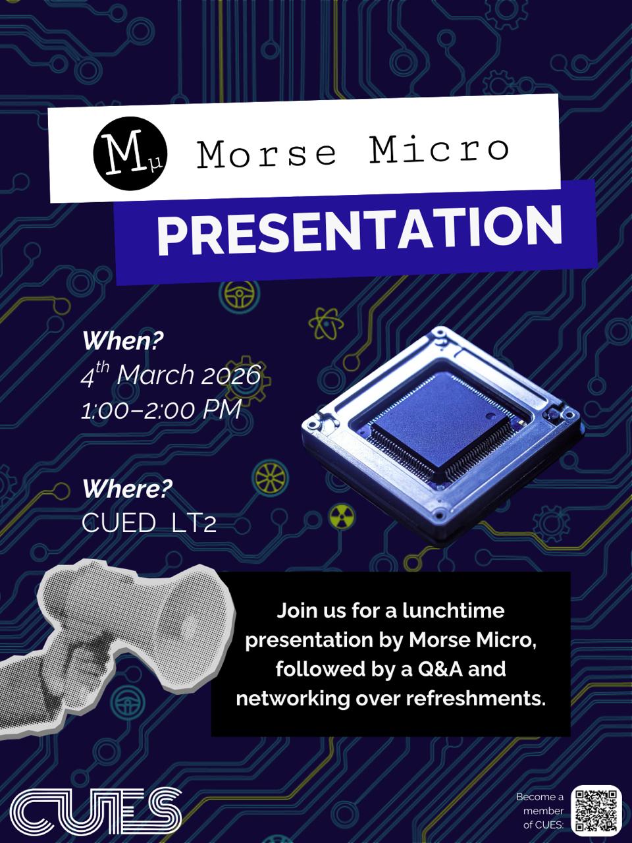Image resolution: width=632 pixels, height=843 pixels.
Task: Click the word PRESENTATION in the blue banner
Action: click(x=359, y=230)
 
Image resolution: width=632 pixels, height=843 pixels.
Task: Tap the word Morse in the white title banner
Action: click(x=267, y=153)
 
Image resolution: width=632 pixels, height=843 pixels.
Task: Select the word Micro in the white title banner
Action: click(x=439, y=150)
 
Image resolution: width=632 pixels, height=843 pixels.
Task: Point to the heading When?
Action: click(x=122, y=341)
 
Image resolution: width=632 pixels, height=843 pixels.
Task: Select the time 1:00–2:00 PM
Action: click(x=161, y=410)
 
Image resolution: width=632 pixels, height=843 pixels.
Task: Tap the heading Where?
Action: click(x=127, y=489)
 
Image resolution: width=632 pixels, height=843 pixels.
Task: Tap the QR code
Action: click(x=596, y=810)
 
